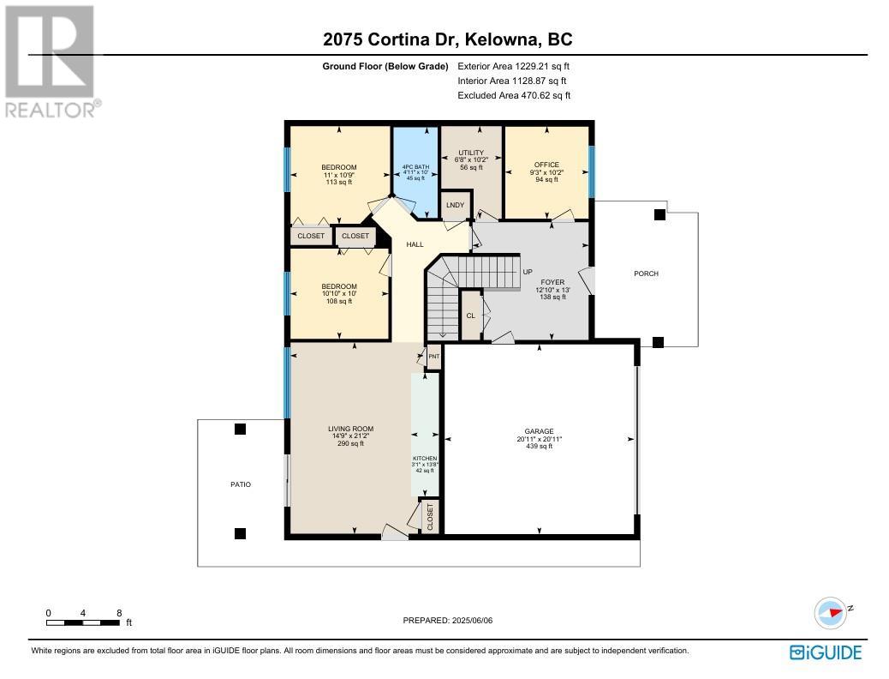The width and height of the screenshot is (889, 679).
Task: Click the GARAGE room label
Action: point(539,431)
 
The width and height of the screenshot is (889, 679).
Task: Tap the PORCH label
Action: point(646,273)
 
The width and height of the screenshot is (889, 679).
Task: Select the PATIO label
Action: point(241,484)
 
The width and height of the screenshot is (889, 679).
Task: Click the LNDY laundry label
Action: point(456,205)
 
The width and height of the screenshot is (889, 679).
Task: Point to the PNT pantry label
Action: point(433,357)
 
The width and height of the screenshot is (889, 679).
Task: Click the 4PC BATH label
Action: point(415,167)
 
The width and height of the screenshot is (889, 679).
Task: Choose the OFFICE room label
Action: point(546,165)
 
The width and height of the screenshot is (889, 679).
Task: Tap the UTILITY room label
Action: point(471,153)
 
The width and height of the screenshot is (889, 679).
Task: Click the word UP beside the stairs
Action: point(528,272)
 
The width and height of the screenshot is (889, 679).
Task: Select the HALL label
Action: point(415,244)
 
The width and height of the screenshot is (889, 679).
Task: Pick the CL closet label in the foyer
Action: point(470,315)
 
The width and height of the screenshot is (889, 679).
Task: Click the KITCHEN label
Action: point(425,458)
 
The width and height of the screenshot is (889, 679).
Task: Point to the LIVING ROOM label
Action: point(351,430)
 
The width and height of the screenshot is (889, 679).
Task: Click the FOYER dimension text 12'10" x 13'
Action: point(552,290)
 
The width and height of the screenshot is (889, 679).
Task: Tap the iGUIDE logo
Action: point(826,653)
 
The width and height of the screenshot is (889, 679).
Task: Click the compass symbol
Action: point(831,613)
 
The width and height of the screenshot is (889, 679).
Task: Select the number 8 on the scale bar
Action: point(119,613)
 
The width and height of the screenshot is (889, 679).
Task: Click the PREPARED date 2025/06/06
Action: point(472,621)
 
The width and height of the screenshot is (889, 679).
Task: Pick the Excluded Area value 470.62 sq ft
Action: point(546,95)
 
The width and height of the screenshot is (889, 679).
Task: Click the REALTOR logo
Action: point(52,62)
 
